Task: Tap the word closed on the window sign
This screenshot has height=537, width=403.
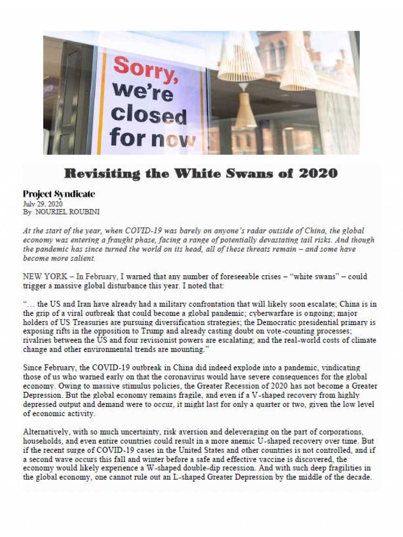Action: (149, 114)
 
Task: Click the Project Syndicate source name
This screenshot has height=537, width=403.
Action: (59, 194)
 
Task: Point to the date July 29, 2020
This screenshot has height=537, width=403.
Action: (43, 204)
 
